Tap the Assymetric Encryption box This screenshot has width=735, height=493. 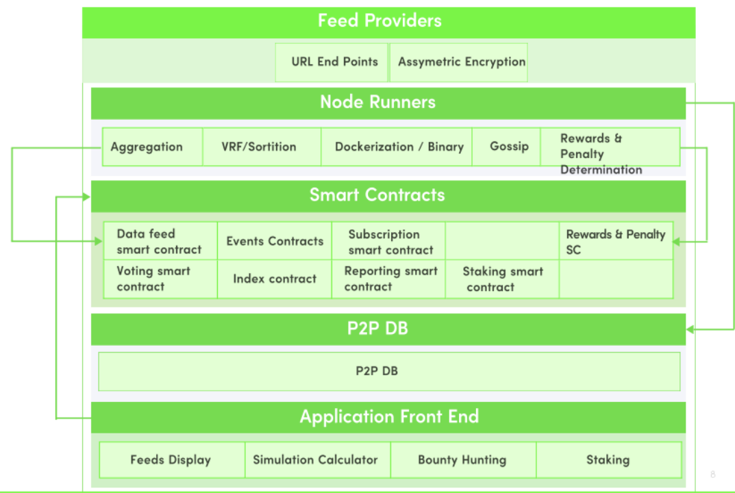click(458, 62)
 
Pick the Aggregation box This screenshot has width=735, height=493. click(152, 147)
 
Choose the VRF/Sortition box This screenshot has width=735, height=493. click(262, 147)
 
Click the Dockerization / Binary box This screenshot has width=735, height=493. click(397, 147)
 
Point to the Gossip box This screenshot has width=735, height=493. click(506, 147)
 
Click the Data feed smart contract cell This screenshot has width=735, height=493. click(160, 241)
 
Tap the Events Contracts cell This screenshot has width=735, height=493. click(275, 241)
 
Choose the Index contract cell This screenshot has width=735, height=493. click(275, 279)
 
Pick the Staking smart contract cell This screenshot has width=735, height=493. click(502, 279)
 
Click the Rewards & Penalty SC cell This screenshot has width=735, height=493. click(616, 241)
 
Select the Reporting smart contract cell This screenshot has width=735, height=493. click(388, 279)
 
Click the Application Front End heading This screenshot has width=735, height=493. click(388, 417)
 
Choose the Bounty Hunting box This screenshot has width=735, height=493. click(463, 459)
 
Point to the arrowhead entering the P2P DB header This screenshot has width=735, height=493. click(690, 329)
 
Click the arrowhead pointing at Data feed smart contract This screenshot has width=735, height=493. click(99, 241)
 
